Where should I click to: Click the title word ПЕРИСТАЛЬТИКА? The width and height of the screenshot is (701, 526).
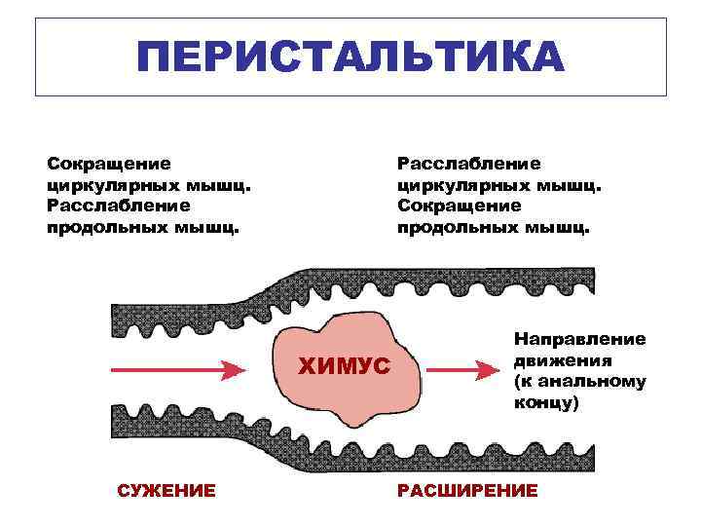350,57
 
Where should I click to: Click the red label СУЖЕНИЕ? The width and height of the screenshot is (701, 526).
166,490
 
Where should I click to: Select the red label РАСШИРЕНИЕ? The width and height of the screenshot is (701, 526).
467,490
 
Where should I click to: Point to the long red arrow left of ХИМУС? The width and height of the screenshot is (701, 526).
175,370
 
